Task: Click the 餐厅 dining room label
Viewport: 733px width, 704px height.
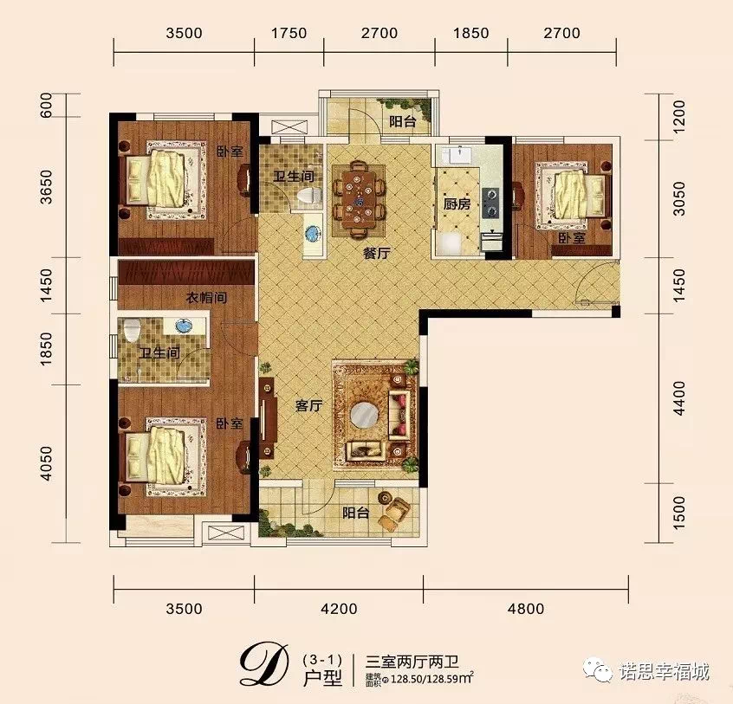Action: (377, 253)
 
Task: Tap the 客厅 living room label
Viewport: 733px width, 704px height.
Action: (308, 406)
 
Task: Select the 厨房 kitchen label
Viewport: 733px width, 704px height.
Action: (457, 204)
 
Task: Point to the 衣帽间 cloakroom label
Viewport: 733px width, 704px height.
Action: (206, 298)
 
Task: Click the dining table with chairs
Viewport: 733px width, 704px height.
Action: (359, 197)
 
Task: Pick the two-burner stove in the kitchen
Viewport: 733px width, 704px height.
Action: (491, 203)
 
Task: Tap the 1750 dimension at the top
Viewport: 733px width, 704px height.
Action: (289, 33)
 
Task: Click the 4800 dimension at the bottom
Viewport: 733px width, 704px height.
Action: (526, 609)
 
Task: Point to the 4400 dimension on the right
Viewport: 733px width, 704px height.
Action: (678, 398)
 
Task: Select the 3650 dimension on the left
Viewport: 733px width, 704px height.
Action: (47, 187)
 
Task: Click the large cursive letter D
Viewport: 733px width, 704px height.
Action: (263, 665)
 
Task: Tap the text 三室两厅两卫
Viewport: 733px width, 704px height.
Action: (412, 662)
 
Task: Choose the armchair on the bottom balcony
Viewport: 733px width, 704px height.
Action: (395, 511)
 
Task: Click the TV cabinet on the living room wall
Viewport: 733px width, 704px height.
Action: (268, 418)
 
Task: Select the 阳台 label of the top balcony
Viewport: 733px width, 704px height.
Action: (403, 121)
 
